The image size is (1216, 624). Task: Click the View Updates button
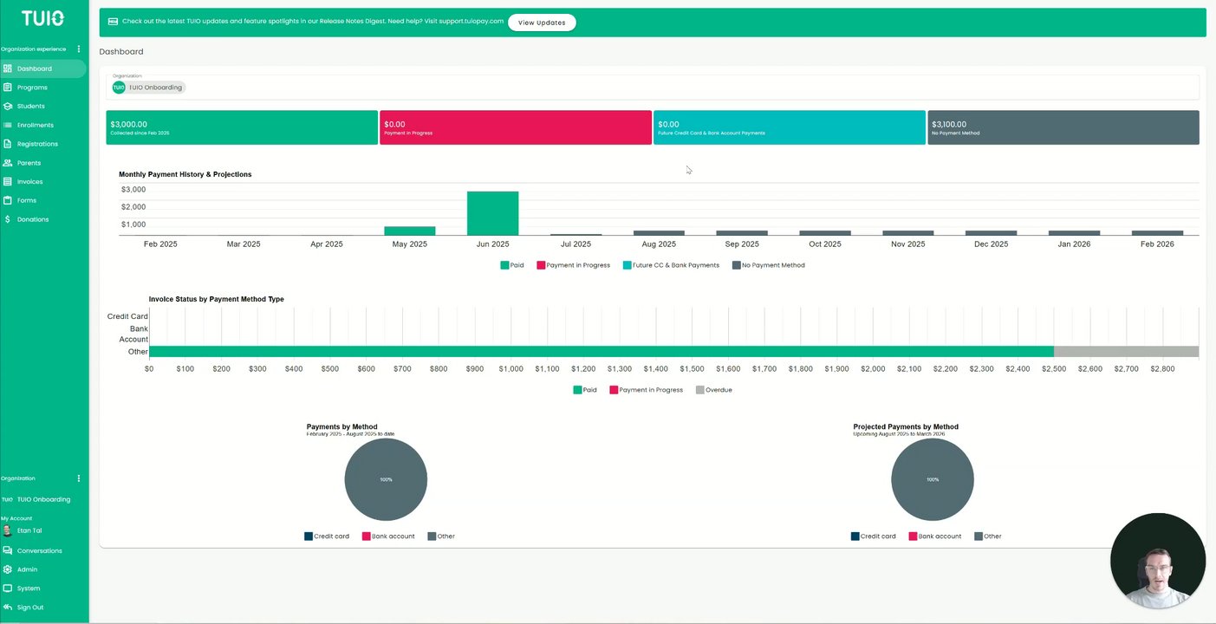(542, 23)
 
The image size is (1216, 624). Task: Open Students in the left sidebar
(31, 107)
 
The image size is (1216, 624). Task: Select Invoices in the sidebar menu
(29, 182)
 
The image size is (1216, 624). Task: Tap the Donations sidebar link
(33, 219)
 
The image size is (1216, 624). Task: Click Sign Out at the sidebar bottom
(29, 608)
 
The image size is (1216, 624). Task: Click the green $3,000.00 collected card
(242, 127)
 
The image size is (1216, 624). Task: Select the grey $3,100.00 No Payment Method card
(1063, 127)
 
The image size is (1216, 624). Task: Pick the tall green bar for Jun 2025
(492, 213)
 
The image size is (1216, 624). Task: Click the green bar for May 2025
(410, 231)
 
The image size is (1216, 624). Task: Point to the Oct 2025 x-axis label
(824, 244)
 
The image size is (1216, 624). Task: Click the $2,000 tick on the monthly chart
(133, 207)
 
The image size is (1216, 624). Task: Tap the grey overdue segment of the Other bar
(1125, 352)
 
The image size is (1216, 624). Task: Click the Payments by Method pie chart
(386, 479)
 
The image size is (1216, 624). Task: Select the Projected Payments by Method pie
(933, 479)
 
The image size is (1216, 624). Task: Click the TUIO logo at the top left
(42, 18)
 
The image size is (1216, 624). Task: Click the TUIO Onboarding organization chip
(148, 88)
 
